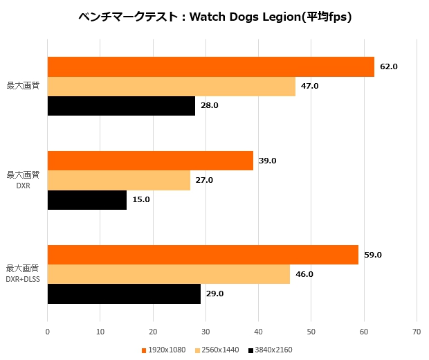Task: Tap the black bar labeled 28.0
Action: pos(121,105)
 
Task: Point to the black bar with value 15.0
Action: pos(87,199)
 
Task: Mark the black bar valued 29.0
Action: pos(124,294)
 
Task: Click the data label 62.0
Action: pos(389,66)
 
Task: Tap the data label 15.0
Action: pos(141,199)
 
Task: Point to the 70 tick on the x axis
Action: pos(417,332)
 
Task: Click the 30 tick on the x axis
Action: pos(206,332)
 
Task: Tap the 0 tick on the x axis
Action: pos(47,332)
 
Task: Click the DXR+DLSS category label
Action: pos(22,279)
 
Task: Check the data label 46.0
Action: pos(304,274)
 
